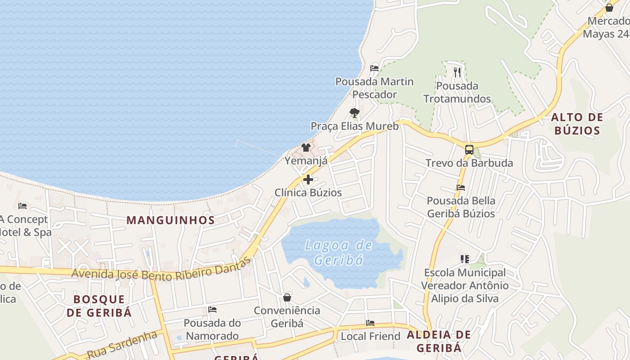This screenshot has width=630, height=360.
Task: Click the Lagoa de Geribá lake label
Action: coord(338,252)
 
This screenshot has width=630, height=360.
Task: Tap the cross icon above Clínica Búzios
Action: coord(308,180)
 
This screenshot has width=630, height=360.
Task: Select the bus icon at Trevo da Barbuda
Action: coord(469,150)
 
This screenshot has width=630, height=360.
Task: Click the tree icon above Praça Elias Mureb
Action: coord(355,113)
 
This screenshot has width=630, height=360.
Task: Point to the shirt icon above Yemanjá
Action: coord(306,147)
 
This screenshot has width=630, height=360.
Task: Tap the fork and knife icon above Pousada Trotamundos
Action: coord(457,72)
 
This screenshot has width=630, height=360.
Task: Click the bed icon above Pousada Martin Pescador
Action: coord(374,68)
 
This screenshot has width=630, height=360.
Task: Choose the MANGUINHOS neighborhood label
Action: coord(171,220)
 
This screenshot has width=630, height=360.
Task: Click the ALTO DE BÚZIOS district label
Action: coord(577,124)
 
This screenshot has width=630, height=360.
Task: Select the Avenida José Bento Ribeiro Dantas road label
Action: coord(161,270)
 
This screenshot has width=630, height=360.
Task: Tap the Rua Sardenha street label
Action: coord(121,345)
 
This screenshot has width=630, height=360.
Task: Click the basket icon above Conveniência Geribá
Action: coord(287,297)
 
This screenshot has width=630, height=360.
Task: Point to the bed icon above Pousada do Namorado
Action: coord(212,310)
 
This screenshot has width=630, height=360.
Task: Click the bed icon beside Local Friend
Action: coord(370,323)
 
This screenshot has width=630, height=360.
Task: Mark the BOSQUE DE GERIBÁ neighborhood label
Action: coord(99,306)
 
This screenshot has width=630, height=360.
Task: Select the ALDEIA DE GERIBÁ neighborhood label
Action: coord(439,341)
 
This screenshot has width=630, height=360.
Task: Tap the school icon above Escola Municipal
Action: coord(465,259)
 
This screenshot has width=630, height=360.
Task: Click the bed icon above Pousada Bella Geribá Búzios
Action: coord(461,188)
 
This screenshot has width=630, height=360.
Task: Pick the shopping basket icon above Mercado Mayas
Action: coord(609,8)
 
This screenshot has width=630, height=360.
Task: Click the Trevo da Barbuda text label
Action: coord(469,163)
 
